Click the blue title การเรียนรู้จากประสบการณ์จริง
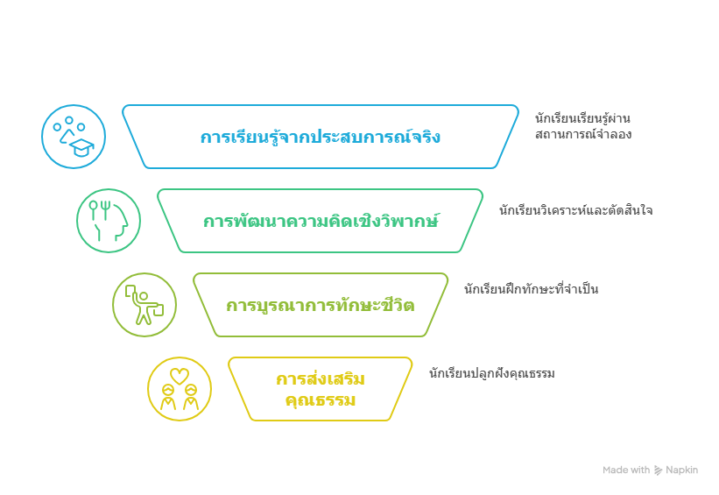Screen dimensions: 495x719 321,138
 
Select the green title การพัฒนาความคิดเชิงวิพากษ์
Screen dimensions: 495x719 321,221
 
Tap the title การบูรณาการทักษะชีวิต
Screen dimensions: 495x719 321,306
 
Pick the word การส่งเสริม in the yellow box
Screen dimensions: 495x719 321,379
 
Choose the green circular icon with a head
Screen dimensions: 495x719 109,221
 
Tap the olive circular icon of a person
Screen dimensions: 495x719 145,305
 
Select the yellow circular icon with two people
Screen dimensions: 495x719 180,389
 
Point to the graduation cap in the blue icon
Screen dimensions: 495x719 81,147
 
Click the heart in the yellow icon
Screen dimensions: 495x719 180,376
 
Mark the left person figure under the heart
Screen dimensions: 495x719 168,399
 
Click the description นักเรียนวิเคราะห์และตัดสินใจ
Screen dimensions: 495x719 575,211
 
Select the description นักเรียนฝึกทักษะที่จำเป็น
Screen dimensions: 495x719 531,289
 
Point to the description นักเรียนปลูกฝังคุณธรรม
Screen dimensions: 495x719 491,374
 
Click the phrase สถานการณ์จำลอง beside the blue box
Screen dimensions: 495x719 582,135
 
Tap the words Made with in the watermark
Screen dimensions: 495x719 626,470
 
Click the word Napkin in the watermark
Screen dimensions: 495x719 681,470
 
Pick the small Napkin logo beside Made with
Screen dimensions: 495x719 658,470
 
